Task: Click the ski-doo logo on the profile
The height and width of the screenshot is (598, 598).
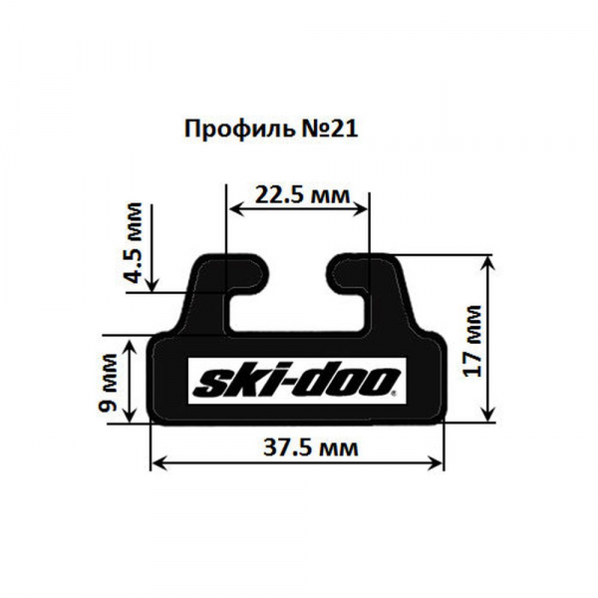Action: pos(295,381)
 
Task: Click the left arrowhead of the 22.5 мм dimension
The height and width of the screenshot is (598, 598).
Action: pos(235,208)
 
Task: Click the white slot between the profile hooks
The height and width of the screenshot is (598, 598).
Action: pos(298,299)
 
